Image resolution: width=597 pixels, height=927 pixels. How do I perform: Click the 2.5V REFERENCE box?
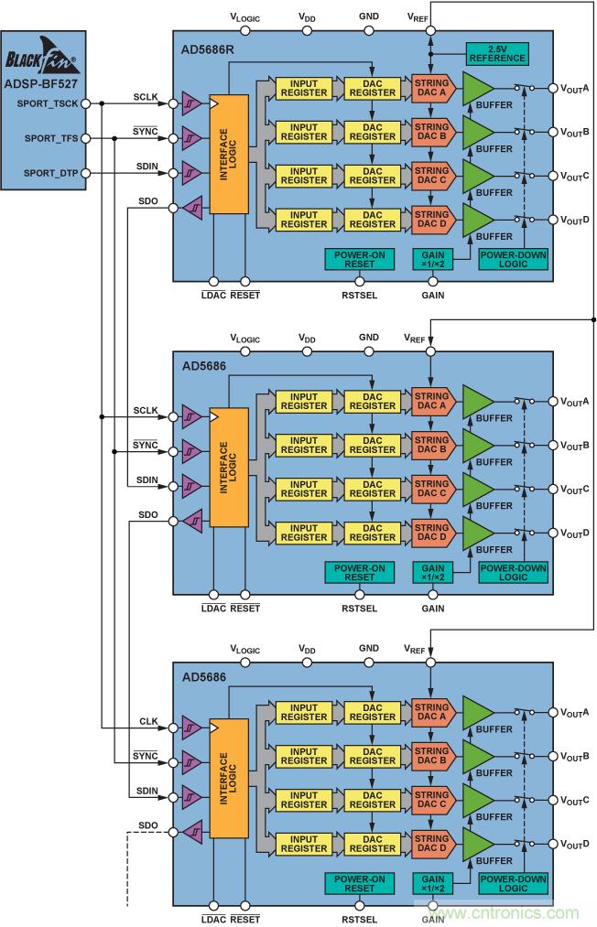coord(497,53)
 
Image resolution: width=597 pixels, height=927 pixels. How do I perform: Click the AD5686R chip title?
coord(207,48)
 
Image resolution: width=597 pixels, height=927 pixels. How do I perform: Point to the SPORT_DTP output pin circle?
coord(86,173)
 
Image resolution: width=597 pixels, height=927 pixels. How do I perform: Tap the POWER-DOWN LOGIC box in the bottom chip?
coord(513,884)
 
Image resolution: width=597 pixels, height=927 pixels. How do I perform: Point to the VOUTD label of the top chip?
coord(574,220)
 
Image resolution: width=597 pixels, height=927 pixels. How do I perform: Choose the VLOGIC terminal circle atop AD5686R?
coord(245,30)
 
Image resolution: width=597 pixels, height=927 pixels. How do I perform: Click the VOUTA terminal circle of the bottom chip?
coord(553,713)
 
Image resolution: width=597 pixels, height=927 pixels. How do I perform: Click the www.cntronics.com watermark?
coord(508,911)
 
